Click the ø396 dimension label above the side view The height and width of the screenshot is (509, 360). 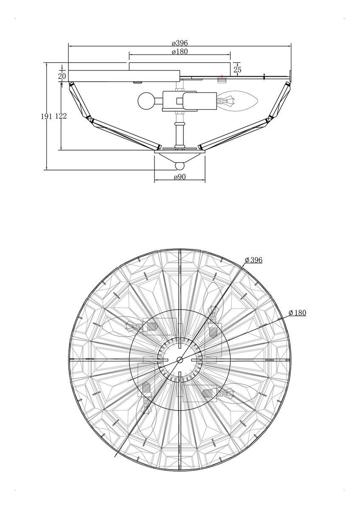pyautogui.click(x=180, y=43)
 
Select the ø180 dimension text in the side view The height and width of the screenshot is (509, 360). pyautogui.click(x=180, y=52)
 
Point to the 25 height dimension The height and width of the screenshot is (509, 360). pyautogui.click(x=237, y=69)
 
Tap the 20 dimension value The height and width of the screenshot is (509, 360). pyautogui.click(x=62, y=76)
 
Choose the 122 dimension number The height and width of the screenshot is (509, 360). pyautogui.click(x=61, y=116)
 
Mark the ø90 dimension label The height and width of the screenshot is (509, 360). pyautogui.click(x=180, y=177)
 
